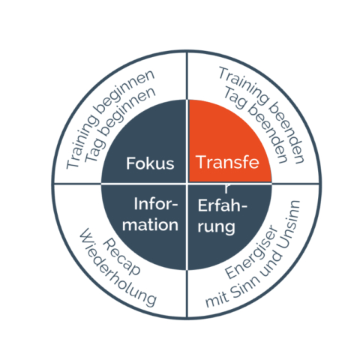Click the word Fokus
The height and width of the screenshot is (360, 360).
click(150, 163)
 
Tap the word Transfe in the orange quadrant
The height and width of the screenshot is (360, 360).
click(227, 162)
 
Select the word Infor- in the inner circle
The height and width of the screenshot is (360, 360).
click(156, 204)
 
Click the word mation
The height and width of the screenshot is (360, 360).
click(150, 224)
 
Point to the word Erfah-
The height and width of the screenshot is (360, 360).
click(223, 205)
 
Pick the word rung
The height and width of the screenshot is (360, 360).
click(217, 227)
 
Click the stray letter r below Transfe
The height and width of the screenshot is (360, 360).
click(226, 189)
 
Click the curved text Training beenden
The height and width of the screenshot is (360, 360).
click(262, 115)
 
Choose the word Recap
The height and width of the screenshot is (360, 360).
click(121, 256)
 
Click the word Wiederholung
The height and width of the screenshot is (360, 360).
click(118, 268)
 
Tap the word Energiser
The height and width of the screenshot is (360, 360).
click(251, 252)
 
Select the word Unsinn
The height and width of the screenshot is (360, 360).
click(289, 224)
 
